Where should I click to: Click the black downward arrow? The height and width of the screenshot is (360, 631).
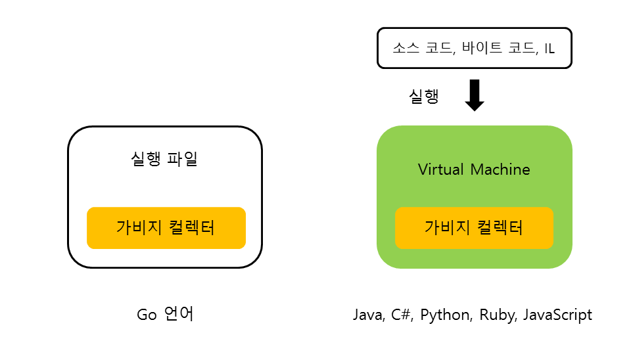tap(474, 95)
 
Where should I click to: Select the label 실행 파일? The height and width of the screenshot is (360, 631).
tap(164, 159)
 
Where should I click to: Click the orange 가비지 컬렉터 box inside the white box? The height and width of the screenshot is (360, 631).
tap(166, 228)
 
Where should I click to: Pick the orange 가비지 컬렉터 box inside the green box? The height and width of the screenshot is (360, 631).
tap(474, 228)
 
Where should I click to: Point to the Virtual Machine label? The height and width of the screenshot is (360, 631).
tap(474, 169)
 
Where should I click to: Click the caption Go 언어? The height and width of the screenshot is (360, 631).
tap(165, 315)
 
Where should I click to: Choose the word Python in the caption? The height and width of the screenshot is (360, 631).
tap(446, 315)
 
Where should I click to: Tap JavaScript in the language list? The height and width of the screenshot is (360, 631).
tap(557, 315)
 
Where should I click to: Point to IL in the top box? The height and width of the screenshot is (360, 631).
tap(549, 48)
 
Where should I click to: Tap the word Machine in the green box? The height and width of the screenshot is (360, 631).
tap(500, 169)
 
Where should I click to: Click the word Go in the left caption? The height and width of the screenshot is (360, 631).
tap(147, 315)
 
